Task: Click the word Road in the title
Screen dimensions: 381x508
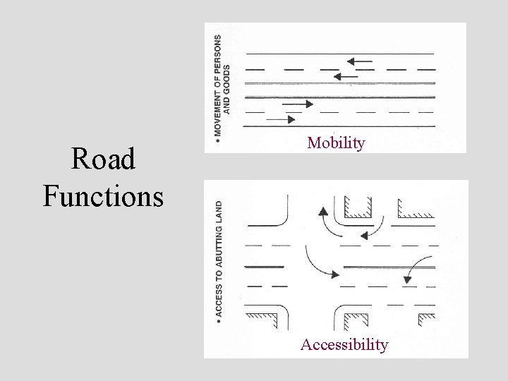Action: coord(104,160)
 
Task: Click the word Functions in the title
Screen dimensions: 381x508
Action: coord(103,195)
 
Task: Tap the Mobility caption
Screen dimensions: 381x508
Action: coord(336,143)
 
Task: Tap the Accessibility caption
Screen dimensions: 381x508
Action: coord(344,344)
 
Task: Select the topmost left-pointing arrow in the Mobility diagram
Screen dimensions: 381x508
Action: coord(359,61)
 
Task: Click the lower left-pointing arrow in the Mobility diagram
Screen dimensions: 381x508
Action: coord(345,75)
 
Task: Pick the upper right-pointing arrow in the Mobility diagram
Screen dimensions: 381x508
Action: coord(297,104)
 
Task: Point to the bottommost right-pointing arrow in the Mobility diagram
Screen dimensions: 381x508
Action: coord(281,119)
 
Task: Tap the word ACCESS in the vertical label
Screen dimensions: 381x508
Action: coord(219,297)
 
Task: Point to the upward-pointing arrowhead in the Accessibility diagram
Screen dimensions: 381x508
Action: coord(322,211)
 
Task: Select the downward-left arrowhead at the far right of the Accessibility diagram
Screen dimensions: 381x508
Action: coord(407,279)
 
